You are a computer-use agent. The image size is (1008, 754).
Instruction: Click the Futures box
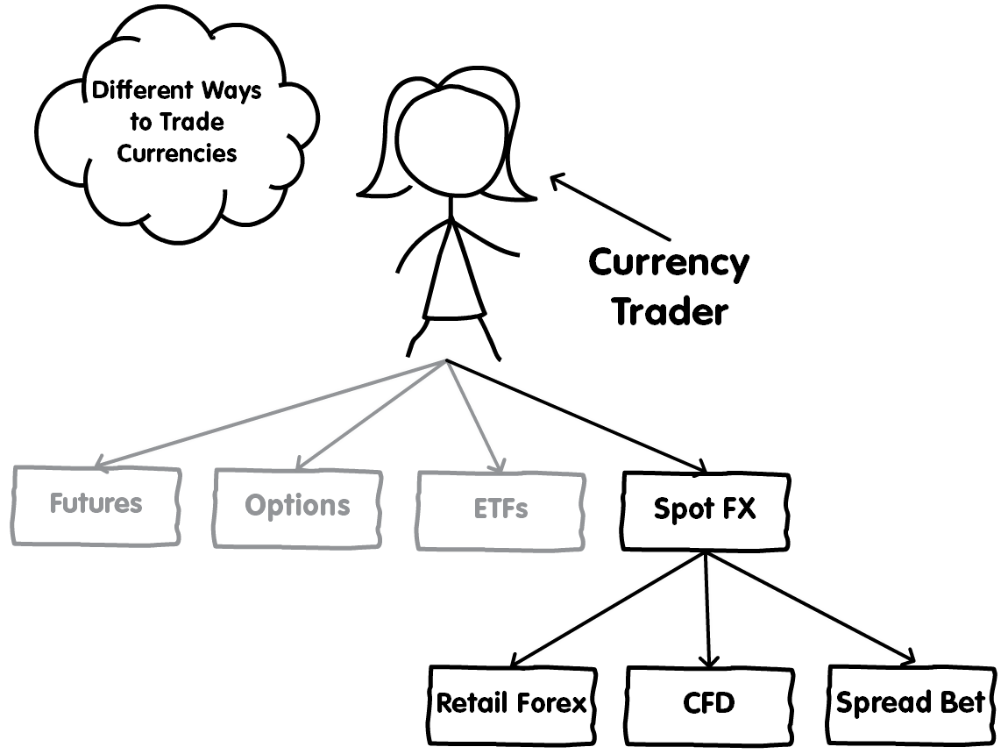tap(96, 506)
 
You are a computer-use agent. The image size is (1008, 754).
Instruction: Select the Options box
tap(298, 508)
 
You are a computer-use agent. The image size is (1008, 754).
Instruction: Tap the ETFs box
tap(500, 510)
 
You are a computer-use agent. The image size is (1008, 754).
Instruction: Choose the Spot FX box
tap(706, 511)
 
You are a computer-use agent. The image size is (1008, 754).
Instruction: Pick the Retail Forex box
tap(513, 705)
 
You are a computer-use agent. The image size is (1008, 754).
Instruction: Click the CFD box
tap(709, 705)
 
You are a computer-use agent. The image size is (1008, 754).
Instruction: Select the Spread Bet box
tap(911, 705)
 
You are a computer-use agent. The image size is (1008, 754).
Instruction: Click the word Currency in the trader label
tap(669, 263)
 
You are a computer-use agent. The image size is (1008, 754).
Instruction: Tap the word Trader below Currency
tap(671, 312)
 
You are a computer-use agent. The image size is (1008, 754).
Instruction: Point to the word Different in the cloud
tap(143, 90)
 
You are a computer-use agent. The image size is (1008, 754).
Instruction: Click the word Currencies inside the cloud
tap(177, 153)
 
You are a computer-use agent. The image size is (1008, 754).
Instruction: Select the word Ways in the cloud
tap(231, 91)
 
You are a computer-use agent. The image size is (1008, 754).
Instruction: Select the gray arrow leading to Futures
tap(270, 413)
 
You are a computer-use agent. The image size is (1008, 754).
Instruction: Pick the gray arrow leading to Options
tap(371, 414)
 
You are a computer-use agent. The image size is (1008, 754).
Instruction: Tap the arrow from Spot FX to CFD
tap(707, 609)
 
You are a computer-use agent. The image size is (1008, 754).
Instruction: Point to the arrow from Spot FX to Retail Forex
tap(608, 608)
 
